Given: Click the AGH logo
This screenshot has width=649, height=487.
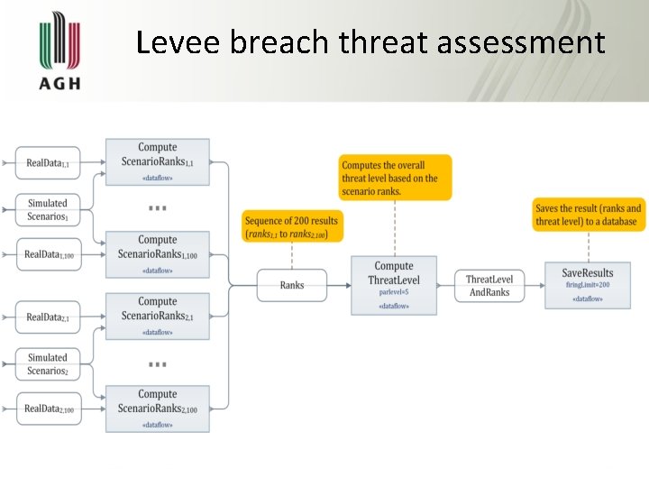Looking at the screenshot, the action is [x=60, y=51].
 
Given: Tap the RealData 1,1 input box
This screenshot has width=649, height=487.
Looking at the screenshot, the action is [x=48, y=163].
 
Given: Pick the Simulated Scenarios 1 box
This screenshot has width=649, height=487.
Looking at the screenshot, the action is [x=48, y=209].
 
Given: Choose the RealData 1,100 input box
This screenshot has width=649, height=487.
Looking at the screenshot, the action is [x=48, y=255].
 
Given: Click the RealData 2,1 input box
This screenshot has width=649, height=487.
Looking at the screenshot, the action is [x=48, y=317].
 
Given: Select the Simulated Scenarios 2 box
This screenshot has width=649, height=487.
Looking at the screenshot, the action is [x=48, y=363].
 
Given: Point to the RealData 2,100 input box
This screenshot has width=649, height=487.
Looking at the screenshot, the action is [x=48, y=409].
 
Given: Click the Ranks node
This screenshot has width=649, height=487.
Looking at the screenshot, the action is [x=292, y=285].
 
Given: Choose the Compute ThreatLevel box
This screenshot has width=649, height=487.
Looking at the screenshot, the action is [x=394, y=285].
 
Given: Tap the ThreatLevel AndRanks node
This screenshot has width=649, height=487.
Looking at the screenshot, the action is [x=489, y=286].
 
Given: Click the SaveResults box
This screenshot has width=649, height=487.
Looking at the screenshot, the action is [x=587, y=285].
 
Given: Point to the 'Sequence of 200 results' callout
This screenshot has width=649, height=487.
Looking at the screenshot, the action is [x=292, y=226].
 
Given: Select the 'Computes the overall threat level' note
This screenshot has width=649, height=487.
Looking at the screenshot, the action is [x=395, y=178].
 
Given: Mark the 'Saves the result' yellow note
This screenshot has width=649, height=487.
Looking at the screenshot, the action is [x=588, y=215].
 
